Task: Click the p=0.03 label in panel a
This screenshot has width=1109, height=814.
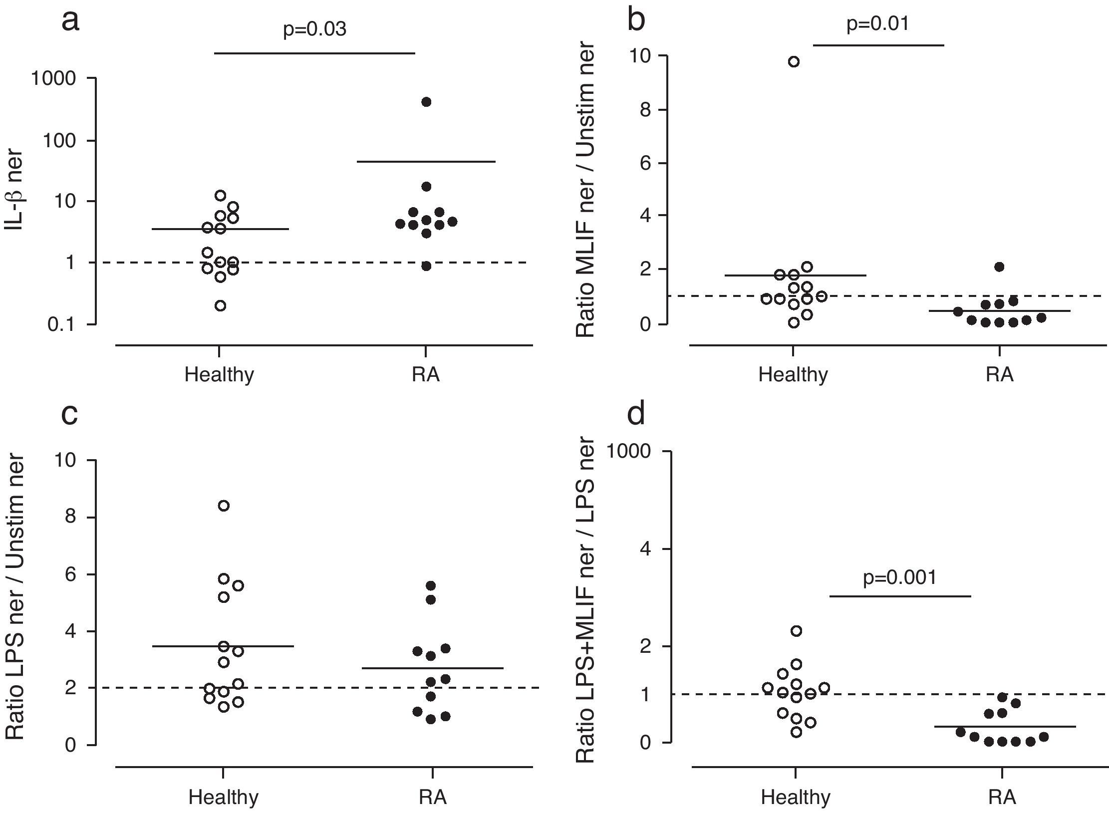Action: pos(314,29)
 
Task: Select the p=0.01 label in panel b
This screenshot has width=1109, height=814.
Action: pos(877,23)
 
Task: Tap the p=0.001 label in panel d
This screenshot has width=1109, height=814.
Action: pos(899,577)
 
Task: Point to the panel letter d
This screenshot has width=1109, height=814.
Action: pos(636,414)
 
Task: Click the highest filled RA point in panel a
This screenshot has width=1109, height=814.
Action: pos(426,102)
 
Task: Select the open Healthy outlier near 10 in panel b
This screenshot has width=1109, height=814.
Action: pos(794,62)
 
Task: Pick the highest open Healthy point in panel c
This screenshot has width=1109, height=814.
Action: pos(224,506)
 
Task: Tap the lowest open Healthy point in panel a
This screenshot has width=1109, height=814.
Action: pos(220,306)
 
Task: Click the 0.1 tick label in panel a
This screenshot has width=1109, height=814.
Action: pos(61,325)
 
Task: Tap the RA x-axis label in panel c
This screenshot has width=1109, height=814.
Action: pos(432,798)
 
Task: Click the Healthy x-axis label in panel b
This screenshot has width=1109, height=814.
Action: pos(793,374)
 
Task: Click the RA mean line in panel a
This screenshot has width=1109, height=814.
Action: pos(426,162)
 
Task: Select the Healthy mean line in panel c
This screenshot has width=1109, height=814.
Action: pos(224,646)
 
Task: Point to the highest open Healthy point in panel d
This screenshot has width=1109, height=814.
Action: pos(797,631)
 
